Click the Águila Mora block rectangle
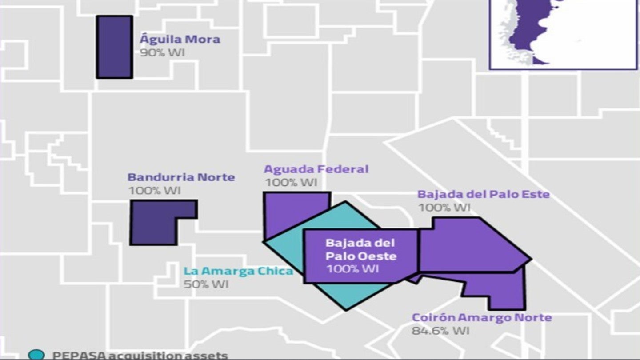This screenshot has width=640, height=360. tap(114, 47)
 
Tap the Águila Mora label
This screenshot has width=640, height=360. tap(180, 39)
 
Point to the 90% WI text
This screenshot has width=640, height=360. tap(162, 52)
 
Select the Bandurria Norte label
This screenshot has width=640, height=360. tap(181, 177)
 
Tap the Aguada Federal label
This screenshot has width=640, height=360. tap(316, 169)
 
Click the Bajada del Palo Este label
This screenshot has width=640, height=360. tap(483, 194)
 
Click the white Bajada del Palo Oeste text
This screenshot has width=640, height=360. tap(360, 249)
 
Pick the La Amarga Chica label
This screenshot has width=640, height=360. tap(238, 271)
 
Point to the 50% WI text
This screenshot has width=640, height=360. tap(206, 284)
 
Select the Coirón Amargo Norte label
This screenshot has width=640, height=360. tap(482, 318)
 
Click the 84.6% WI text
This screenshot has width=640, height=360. tap(440, 331)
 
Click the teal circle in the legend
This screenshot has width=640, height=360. tap(36, 355)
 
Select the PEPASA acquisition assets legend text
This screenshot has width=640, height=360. tap(140, 356)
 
